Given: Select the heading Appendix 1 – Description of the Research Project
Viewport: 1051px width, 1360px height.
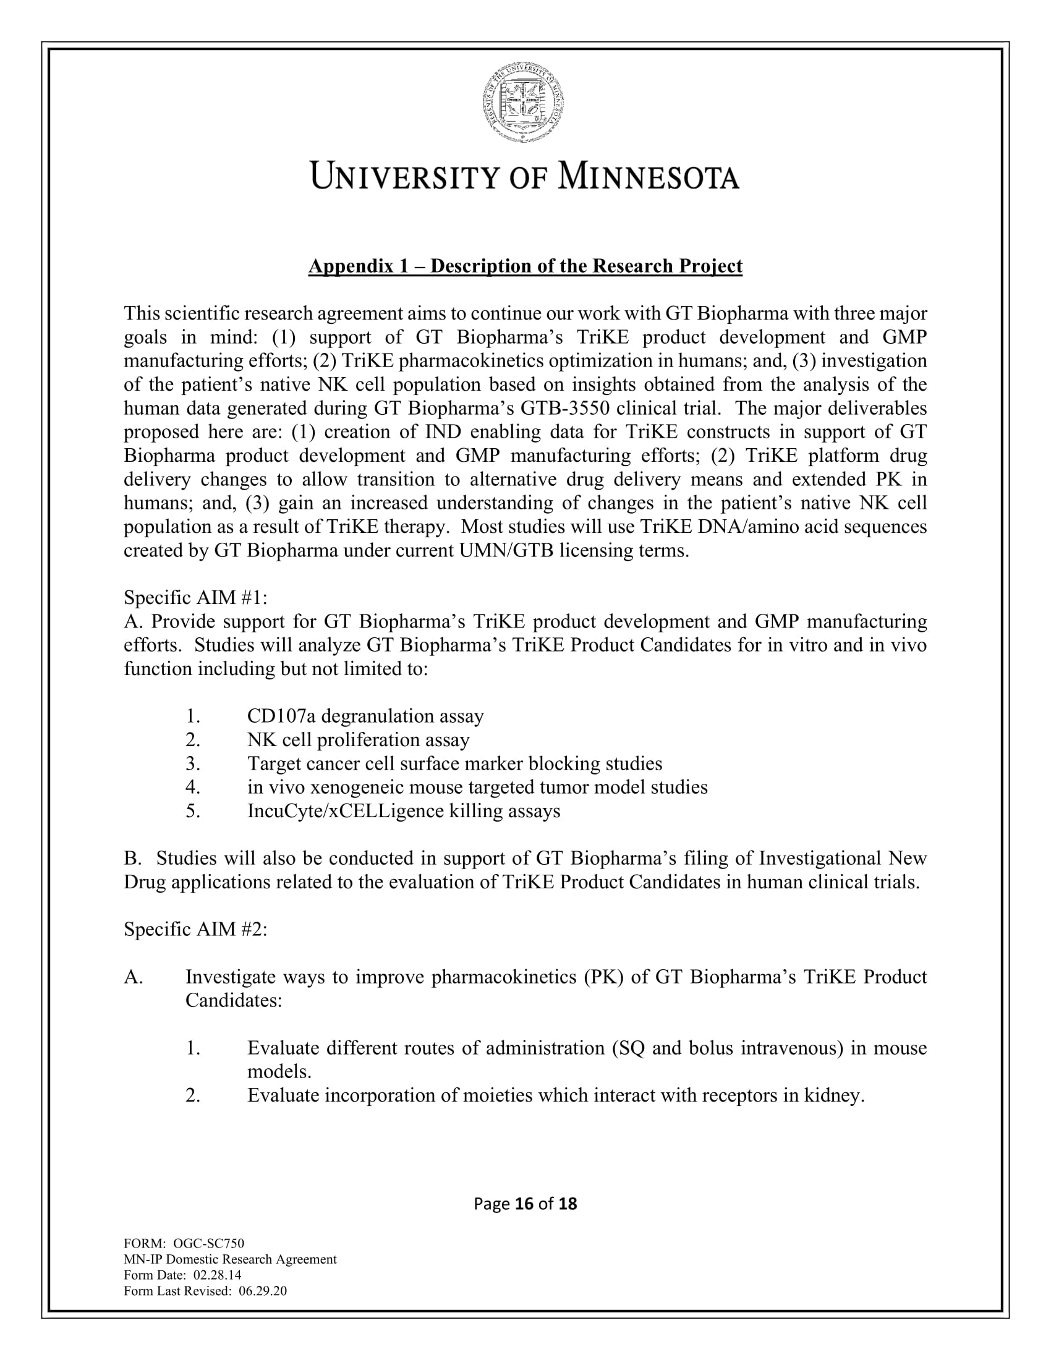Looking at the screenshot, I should click(x=525, y=266).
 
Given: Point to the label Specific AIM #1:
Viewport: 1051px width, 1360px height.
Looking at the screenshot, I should click(x=195, y=598).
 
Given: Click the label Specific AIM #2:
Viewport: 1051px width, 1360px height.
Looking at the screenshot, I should click(x=195, y=930).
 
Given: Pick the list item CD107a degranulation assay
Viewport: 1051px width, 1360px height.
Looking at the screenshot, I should click(x=365, y=716).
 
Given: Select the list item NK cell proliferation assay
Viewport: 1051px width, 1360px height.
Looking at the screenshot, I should click(x=358, y=740).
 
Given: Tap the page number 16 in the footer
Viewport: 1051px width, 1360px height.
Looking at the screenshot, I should click(x=525, y=1204).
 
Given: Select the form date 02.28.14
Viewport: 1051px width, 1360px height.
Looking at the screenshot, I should click(x=217, y=1275).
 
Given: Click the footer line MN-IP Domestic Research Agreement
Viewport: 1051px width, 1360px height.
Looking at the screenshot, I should click(x=230, y=1260).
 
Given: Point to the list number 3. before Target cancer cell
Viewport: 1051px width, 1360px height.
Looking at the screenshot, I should click(x=193, y=764).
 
